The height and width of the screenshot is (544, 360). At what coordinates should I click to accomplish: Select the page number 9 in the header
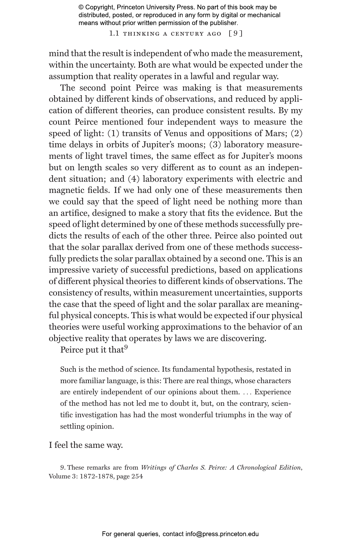coord(235,34)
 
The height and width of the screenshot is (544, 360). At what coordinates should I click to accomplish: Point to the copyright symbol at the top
coord(81,7)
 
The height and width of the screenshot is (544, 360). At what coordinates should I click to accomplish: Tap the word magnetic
coord(66,191)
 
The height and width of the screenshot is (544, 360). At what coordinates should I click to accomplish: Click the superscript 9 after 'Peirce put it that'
coord(126,348)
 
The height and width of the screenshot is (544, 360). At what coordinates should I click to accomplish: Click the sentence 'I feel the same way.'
coord(86,445)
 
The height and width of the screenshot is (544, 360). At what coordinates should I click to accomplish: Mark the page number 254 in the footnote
coord(137,476)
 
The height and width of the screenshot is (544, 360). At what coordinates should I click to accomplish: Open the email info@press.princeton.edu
coord(222,534)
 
